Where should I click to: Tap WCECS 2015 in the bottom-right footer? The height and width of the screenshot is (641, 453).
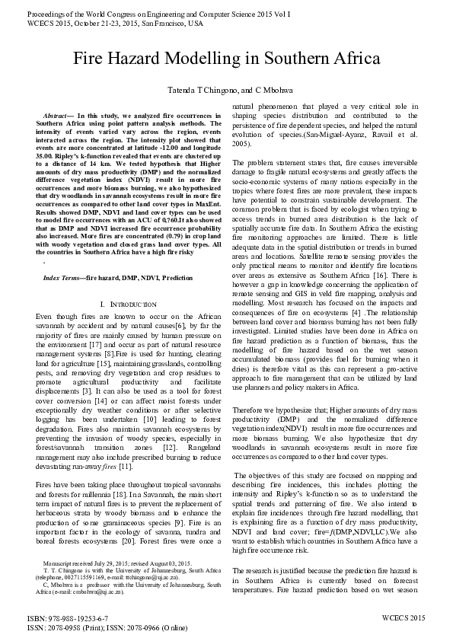tap(404, 618)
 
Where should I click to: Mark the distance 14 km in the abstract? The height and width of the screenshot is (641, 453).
tap(100, 164)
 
